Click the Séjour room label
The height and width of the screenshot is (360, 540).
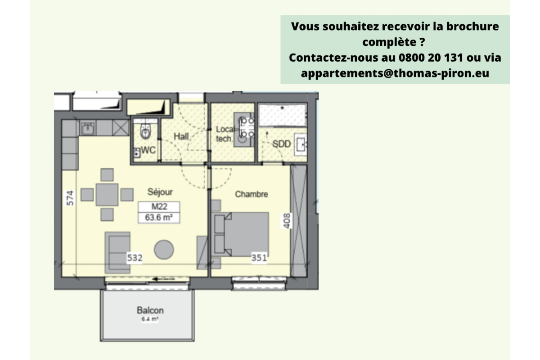click(x=160, y=192)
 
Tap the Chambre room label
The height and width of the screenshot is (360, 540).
click(x=252, y=194)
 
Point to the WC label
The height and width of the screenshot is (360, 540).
click(x=148, y=151)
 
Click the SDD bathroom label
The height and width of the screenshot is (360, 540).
click(x=282, y=144)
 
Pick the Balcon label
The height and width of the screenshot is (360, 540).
click(x=150, y=310)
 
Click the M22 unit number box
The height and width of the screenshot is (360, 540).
click(x=159, y=207)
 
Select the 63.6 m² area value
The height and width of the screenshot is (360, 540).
click(x=159, y=218)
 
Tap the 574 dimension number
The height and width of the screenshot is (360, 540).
click(x=70, y=198)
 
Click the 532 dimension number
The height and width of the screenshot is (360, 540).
click(x=134, y=258)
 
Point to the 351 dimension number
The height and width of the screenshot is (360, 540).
click(x=259, y=258)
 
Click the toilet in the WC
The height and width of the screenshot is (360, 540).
click(x=145, y=131)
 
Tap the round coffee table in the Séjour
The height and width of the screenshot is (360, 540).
click(x=164, y=249)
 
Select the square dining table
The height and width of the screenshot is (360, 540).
click(x=107, y=195)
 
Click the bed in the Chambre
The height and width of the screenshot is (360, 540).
click(x=243, y=234)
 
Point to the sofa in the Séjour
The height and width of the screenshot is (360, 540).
click(x=117, y=252)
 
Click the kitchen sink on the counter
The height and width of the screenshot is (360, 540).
click(x=88, y=128)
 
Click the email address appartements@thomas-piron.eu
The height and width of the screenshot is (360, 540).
click(x=395, y=73)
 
